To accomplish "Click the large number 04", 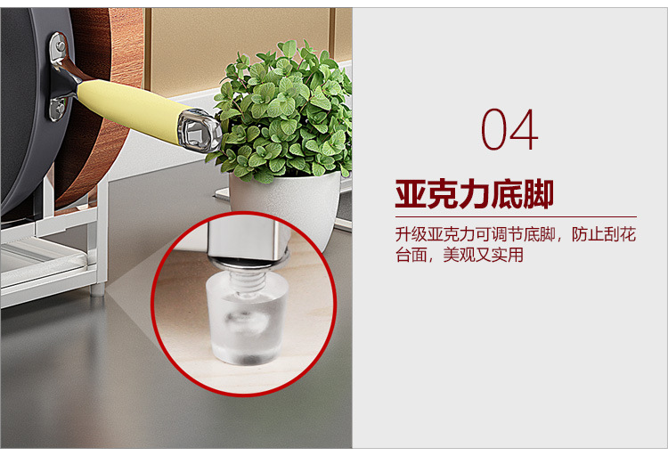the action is coord(509,129).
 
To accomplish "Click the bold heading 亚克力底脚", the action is coord(475,194).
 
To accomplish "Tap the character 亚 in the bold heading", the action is coord(411,194).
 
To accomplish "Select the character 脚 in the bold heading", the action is coord(539,194).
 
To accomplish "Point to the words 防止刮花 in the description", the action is coord(604,234).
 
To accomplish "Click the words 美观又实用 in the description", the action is coord(483,255).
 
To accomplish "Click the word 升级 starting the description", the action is coord(411,234).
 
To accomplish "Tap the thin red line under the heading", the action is coord(516,217).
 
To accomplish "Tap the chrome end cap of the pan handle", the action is coord(200,130).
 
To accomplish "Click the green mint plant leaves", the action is coord(282,111).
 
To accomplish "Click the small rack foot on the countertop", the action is coord(98,290).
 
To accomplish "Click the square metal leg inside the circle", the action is coord(246,238).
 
